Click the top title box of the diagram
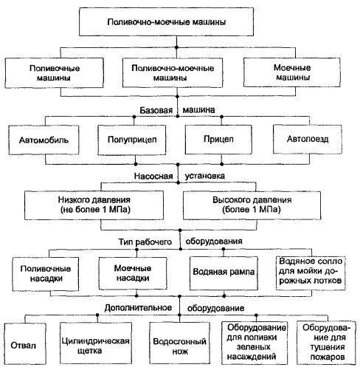pyautogui.click(x=166, y=21)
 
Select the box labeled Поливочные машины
pyautogui.click(x=54, y=73)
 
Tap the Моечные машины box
pyautogui.click(x=292, y=72)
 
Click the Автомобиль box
pyautogui.click(x=44, y=140)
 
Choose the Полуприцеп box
pyautogui.click(x=132, y=140)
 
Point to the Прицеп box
pyautogui.click(x=218, y=140)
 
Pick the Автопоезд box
pyautogui.click(x=308, y=139)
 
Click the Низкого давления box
pyautogui.click(x=94, y=205)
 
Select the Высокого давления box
pyautogui.click(x=252, y=205)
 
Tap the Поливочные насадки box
pyautogui.click(x=46, y=274)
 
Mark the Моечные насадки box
pyautogui.click(x=133, y=273)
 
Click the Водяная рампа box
pyautogui.click(x=224, y=273)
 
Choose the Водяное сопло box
pyautogui.click(x=311, y=273)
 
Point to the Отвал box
pyautogui.click(x=25, y=343)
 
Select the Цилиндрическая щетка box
pyautogui.click(x=96, y=343)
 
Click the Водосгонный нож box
pyautogui.click(x=180, y=343)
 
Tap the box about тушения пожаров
pyautogui.click(x=326, y=343)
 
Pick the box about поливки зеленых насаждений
pyautogui.click(x=255, y=343)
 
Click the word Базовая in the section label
pyautogui.click(x=156, y=110)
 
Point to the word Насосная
pyautogui.click(x=153, y=176)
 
